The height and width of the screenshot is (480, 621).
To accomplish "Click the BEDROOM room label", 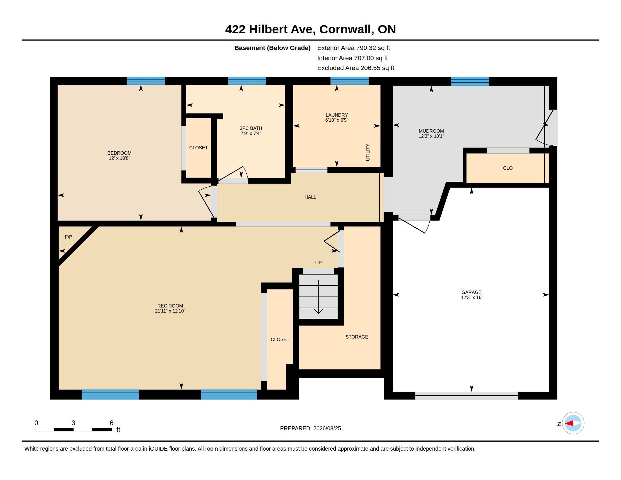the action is click(119, 153).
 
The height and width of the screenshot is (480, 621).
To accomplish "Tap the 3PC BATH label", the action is click(251, 128).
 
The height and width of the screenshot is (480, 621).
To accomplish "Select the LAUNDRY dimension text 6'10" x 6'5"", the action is click(337, 120).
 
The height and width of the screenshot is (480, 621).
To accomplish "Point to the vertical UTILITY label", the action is click(368, 152).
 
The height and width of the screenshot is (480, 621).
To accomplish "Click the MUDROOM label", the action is click(431, 131).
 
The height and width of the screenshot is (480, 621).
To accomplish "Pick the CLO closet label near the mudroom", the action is click(508, 168).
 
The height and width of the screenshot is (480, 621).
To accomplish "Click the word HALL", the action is click(310, 197).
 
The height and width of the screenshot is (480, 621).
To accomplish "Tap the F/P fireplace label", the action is click(69, 237).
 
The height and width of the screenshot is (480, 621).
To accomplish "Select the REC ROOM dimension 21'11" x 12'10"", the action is click(170, 311).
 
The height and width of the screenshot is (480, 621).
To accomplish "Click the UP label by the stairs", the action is click(318, 263).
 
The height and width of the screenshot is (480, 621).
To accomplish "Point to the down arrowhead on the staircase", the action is click(318, 311).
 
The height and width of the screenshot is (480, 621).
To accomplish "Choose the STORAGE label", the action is click(357, 337).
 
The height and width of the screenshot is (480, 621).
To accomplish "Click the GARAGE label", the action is click(471, 292).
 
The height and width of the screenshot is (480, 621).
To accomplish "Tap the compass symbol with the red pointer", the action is click(573, 423).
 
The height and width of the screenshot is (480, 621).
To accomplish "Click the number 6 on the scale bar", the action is click(111, 423).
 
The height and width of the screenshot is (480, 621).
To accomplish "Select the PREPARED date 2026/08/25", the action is click(327, 429).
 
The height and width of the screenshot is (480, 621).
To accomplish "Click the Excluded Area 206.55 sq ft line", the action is click(356, 68).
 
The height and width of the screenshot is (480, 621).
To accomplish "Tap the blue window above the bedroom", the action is click(146, 81).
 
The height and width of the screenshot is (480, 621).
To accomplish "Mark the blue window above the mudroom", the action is click(470, 81).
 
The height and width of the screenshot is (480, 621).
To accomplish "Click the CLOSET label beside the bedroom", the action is click(198, 148).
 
